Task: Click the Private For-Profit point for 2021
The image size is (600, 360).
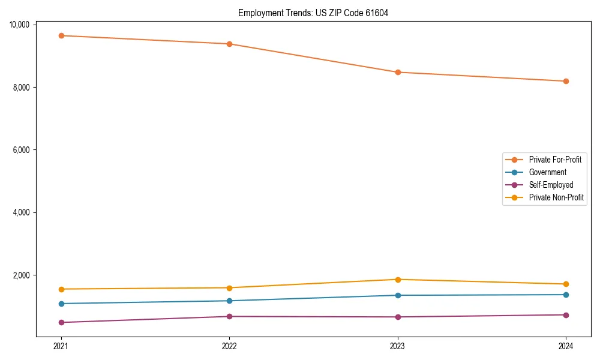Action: tap(61, 35)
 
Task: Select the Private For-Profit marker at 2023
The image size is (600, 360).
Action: tap(398, 72)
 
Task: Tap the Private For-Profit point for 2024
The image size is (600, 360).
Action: tap(566, 81)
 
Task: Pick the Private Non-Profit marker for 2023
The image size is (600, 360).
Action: tap(398, 279)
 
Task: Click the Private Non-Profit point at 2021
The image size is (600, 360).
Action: tap(61, 289)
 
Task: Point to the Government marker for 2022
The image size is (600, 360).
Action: tap(229, 301)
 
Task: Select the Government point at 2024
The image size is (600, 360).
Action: tap(566, 295)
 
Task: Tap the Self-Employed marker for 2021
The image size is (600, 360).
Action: tap(61, 322)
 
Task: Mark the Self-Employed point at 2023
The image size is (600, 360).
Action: tap(398, 317)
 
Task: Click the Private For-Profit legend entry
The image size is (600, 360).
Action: tap(554, 160)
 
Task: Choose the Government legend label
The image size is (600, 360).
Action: tap(547, 172)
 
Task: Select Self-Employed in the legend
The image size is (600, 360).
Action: tap(551, 185)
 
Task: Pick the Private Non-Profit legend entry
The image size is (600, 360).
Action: tap(556, 197)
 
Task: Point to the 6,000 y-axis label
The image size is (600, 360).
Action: tap(22, 150)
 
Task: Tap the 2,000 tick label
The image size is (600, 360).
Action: tap(22, 275)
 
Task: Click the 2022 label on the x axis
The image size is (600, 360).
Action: tap(229, 346)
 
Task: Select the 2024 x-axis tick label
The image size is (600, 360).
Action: tap(566, 346)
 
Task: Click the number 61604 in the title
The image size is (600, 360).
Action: tap(377, 13)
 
